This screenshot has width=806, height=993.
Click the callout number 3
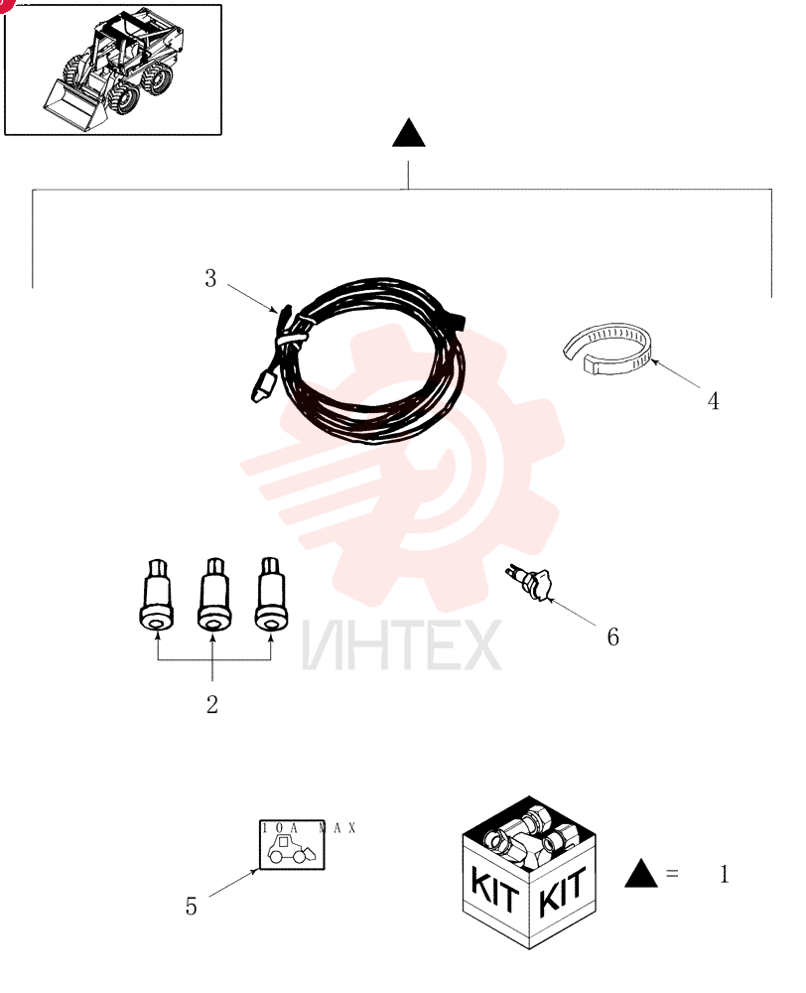pos(210,279)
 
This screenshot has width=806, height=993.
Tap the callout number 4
pos(713,401)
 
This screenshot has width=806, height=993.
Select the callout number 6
pos(612,637)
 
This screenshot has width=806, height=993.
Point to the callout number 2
pos(212,704)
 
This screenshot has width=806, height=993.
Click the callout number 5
pos(192,907)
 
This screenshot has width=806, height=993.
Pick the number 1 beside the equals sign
pos(725,875)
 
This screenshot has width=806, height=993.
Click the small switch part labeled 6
pos(530,583)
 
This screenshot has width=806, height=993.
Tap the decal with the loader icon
pos(292,845)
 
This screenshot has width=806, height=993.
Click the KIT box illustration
pos(529,873)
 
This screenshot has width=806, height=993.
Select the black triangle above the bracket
pos(409,133)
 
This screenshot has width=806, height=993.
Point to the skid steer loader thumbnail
pos(113,70)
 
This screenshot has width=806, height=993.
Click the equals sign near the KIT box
pos(672,874)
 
